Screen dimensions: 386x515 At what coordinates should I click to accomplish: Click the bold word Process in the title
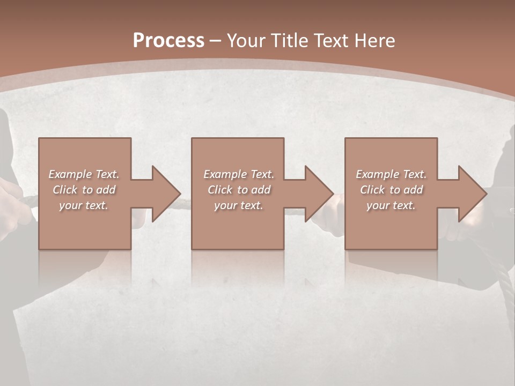coord(168,40)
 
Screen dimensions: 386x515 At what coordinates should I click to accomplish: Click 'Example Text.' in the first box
coord(84,174)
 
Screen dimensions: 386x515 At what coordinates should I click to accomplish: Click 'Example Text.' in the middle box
coord(239,174)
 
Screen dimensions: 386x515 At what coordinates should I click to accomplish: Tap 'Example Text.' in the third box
coord(391,174)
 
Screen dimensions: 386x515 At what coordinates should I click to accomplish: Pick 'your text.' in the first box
coord(84,205)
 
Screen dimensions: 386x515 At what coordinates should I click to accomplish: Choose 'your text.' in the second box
coord(239,205)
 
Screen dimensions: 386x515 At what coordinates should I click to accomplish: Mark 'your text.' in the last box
coord(391,205)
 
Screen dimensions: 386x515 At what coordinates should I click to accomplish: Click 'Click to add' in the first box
coord(84,190)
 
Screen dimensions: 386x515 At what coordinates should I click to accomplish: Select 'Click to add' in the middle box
coord(239,190)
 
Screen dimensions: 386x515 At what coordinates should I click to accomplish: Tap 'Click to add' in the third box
coord(391,190)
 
